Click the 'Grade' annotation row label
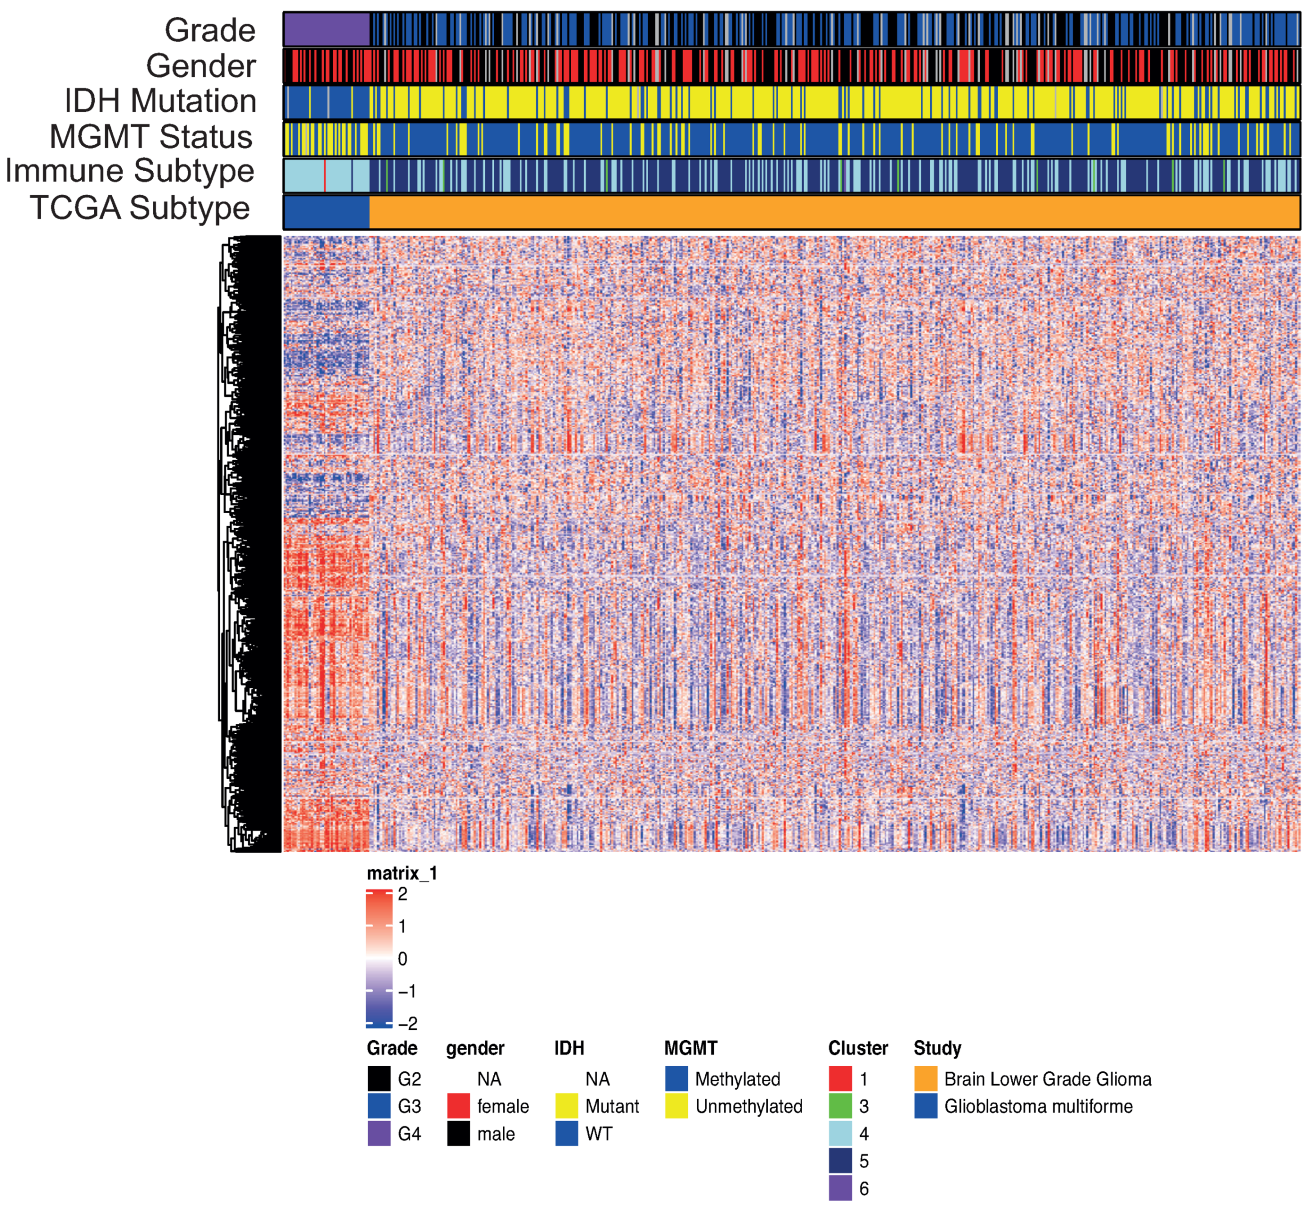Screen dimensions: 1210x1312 point(210,30)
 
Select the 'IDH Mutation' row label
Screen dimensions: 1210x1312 point(160,101)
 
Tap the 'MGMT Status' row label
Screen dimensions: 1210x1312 point(151,137)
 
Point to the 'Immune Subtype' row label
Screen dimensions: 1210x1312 point(130,172)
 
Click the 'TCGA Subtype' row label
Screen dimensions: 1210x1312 point(140,208)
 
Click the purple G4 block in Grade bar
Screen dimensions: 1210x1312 point(326,30)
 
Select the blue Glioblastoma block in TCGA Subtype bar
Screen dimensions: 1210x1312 point(326,212)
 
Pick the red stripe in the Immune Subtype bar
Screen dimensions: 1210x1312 point(325,176)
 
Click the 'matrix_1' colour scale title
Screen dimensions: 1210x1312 point(401,874)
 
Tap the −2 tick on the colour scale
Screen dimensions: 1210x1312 point(407,1023)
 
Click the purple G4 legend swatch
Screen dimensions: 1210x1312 point(379,1134)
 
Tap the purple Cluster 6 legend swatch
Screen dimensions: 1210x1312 point(840,1189)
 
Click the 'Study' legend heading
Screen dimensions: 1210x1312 point(937,1048)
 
